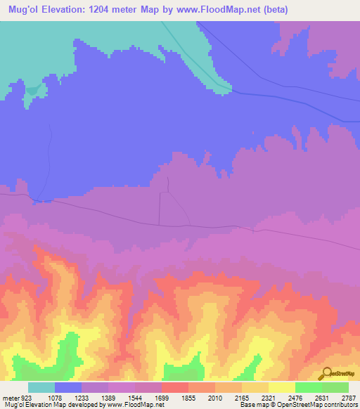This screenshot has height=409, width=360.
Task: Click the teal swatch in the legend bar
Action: (x=41, y=387)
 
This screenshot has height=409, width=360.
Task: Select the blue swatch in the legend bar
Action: (x=68, y=387)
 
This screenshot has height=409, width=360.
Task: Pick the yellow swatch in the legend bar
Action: (x=282, y=387)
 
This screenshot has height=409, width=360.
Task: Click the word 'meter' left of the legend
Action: (x=10, y=397)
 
